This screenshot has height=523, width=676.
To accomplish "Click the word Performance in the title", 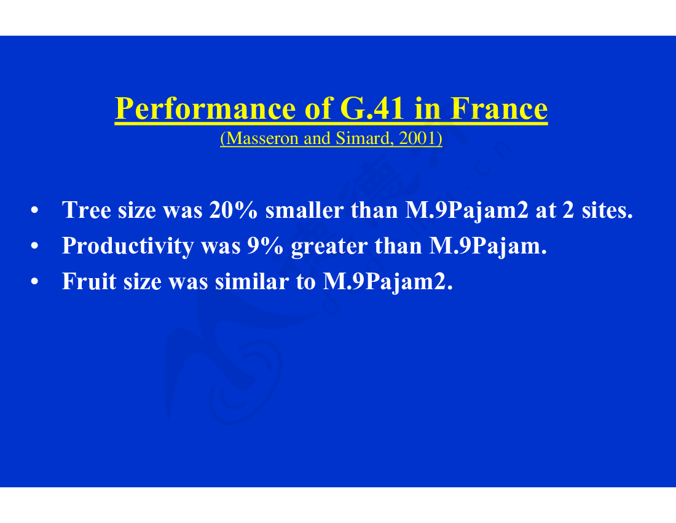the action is pos(205,110).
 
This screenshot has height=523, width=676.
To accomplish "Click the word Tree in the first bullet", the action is pos(87,210).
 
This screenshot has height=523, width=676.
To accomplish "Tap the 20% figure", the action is pos(234,210).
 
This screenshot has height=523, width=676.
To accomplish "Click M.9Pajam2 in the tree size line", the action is pos(466,211).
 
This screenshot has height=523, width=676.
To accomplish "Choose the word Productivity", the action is pos(128,246).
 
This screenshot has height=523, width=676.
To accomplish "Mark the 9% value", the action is pos(265,246).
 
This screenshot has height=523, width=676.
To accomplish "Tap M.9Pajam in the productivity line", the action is pos(488,247).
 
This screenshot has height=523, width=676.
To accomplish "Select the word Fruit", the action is pos(89,282).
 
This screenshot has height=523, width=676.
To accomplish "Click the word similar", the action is pos(252,282).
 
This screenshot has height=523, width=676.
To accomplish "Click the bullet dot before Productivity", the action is pos(34,246).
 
